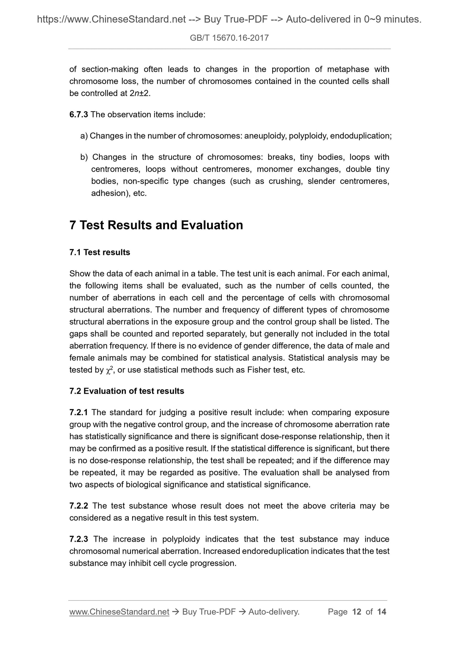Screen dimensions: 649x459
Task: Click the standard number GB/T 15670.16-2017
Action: click(x=229, y=38)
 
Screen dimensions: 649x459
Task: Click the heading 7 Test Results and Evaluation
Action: click(x=156, y=225)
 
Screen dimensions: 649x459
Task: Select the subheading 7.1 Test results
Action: click(x=99, y=252)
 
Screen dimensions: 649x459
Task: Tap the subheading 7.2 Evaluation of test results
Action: click(x=126, y=391)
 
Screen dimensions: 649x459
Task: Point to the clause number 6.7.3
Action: click(x=78, y=115)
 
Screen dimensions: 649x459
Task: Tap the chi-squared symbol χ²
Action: click(x=109, y=370)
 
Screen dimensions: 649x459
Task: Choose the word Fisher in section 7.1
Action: click(x=256, y=370)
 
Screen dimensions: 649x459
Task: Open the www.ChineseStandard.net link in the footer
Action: click(x=119, y=612)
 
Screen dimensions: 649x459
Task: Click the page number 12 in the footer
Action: click(x=357, y=612)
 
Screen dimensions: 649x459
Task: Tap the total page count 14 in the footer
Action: click(x=381, y=612)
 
